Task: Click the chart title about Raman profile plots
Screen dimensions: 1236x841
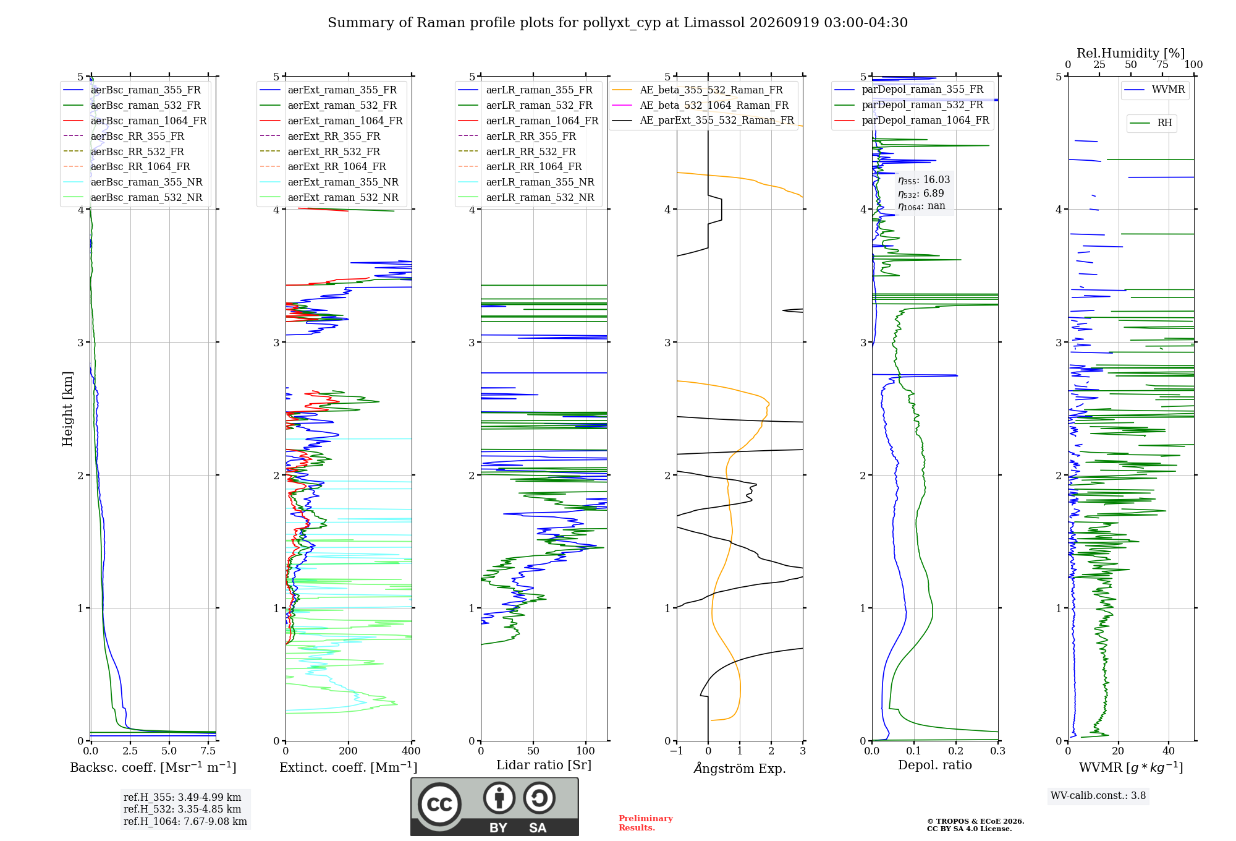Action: tap(617, 23)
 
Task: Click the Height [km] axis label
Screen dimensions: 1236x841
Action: tap(67, 409)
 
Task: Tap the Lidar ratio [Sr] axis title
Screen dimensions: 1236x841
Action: tap(544, 765)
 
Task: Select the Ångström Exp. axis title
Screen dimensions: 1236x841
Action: tap(740, 768)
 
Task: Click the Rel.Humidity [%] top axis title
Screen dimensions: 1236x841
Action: tap(1131, 53)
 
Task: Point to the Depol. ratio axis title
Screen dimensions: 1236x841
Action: tap(935, 765)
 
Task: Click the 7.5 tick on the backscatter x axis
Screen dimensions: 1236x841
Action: tap(208, 751)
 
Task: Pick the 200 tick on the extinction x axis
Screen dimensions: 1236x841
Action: tap(349, 751)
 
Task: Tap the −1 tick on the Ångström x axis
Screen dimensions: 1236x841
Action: tap(677, 751)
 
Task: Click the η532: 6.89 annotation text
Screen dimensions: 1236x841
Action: tap(921, 193)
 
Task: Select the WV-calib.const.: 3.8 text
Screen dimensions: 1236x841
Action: tap(1098, 795)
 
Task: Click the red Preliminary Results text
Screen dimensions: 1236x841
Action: tap(646, 823)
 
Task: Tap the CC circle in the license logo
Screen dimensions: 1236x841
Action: tap(439, 804)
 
